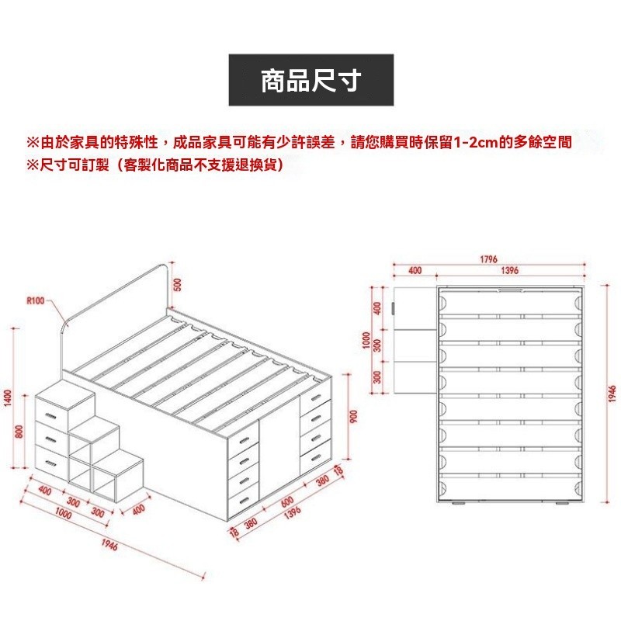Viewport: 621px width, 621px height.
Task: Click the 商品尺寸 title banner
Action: (x=310, y=80)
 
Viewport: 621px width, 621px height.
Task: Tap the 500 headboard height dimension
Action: (x=177, y=286)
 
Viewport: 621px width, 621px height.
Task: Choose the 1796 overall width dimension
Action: (x=488, y=259)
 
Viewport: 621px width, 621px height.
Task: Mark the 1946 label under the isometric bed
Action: (x=109, y=546)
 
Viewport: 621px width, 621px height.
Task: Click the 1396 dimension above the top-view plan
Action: (x=509, y=271)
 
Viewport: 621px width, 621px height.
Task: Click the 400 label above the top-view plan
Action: (x=415, y=271)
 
